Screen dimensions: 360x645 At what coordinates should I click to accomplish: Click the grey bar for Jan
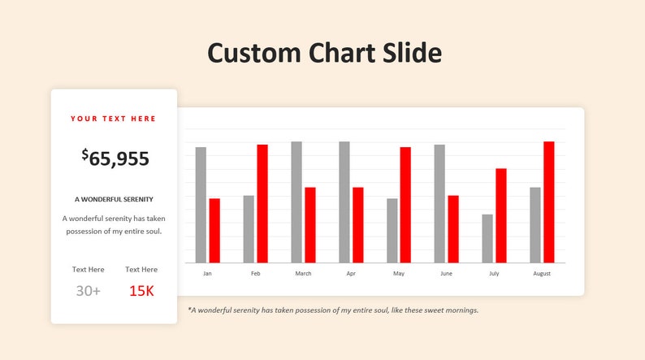point(201,205)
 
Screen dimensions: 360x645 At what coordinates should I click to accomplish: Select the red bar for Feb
point(262,203)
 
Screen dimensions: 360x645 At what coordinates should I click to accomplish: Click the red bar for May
point(405,205)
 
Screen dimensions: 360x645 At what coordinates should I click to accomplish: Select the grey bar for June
point(439,203)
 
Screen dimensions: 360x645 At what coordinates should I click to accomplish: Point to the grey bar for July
point(487,238)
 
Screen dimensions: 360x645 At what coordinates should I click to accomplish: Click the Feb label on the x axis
point(255,274)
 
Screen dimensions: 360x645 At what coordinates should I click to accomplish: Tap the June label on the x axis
point(446,274)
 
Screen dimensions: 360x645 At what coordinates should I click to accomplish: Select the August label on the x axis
point(542,274)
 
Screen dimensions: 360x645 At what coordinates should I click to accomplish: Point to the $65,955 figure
point(115,158)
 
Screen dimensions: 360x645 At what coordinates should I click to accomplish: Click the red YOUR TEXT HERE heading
point(114,119)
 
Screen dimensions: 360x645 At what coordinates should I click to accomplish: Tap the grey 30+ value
point(88,291)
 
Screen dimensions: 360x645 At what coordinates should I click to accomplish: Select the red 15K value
point(141,291)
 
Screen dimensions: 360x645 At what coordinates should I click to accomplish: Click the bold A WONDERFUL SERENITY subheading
point(114,199)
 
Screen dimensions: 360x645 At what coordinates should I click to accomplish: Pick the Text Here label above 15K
point(141,269)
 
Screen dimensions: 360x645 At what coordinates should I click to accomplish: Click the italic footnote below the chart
point(333,310)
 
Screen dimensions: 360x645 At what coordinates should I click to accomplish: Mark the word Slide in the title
point(412,54)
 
